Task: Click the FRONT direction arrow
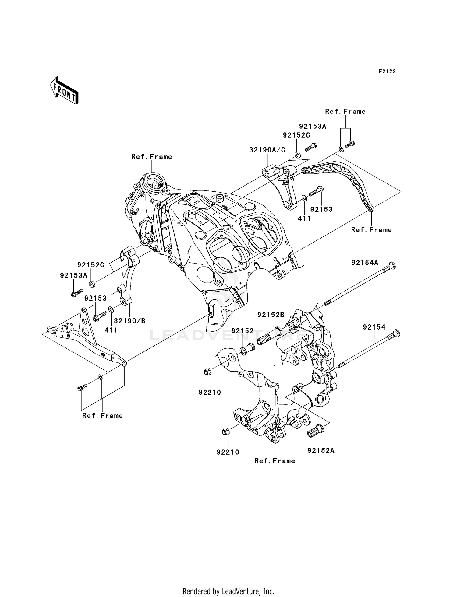pyautogui.click(x=64, y=90)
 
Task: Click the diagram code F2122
pyautogui.click(x=387, y=72)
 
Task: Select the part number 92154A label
pyautogui.click(x=365, y=263)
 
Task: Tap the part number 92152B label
pyautogui.click(x=271, y=315)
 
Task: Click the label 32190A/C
pyautogui.click(x=267, y=150)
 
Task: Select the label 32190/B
pyautogui.click(x=130, y=321)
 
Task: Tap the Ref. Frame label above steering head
pyautogui.click(x=151, y=157)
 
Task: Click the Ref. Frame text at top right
pyautogui.click(x=345, y=112)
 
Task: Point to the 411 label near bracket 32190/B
pyautogui.click(x=111, y=330)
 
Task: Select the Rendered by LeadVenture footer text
pyautogui.click(x=228, y=583)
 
